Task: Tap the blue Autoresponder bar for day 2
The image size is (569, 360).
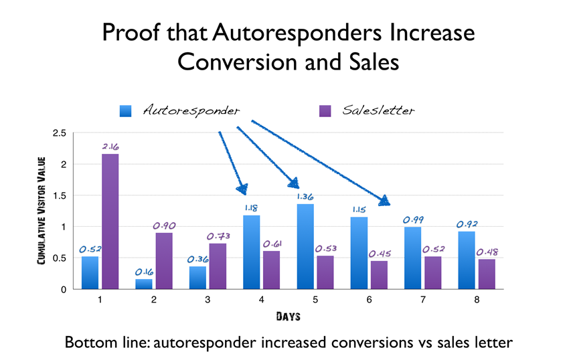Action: click(x=144, y=284)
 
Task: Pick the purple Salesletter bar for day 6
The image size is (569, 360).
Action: click(x=378, y=275)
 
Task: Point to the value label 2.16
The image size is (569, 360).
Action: click(x=110, y=146)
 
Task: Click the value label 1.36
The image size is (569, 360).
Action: click(x=305, y=197)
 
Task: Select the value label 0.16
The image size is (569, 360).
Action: click(x=143, y=272)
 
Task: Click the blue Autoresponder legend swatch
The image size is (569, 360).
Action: click(x=126, y=111)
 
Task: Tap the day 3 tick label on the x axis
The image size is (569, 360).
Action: click(x=208, y=300)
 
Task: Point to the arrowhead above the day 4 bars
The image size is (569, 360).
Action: click(x=242, y=189)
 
